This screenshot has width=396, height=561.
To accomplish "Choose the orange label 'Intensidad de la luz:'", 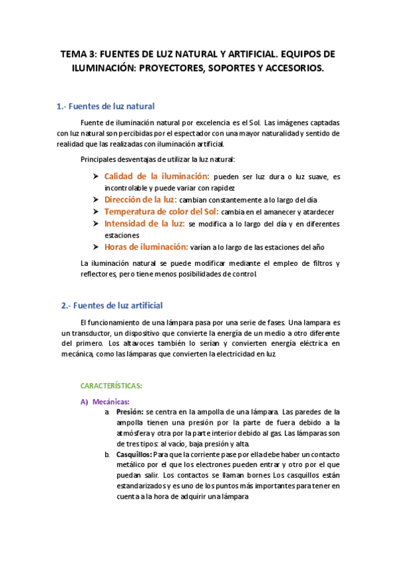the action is coord(144,224).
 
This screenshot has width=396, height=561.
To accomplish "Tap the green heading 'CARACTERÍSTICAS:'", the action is coord(111,386).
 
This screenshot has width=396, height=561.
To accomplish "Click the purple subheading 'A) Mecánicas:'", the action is coord(105,401).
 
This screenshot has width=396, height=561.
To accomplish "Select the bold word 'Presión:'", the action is coord(130,411).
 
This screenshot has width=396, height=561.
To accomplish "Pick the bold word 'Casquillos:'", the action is coord(134,455).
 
